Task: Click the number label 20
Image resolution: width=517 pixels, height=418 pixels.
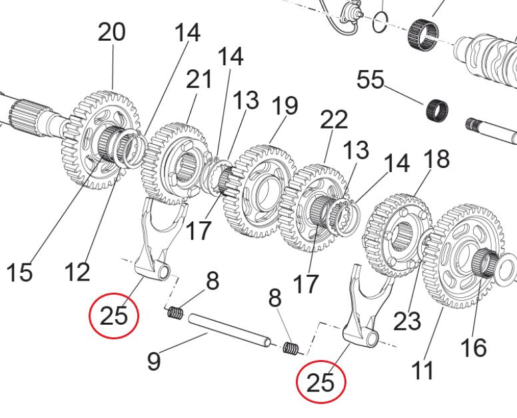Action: [112, 32]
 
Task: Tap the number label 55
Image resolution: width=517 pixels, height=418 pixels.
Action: [370, 79]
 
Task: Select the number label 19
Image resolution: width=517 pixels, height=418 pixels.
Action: [285, 105]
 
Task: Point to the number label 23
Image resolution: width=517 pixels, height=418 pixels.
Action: [408, 321]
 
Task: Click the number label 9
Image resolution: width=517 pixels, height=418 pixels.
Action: [154, 361]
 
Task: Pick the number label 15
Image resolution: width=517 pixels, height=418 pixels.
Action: [19, 272]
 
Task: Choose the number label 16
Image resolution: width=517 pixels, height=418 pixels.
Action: [474, 347]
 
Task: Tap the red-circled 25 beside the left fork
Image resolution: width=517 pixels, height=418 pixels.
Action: [114, 315]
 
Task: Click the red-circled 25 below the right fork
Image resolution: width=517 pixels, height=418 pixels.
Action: [321, 382]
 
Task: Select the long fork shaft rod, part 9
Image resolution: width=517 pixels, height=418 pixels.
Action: [229, 331]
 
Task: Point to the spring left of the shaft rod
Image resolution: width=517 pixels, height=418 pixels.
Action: [175, 313]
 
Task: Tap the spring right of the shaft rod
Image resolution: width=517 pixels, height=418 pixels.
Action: [291, 349]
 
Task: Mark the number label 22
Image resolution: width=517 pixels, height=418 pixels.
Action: [334, 119]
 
